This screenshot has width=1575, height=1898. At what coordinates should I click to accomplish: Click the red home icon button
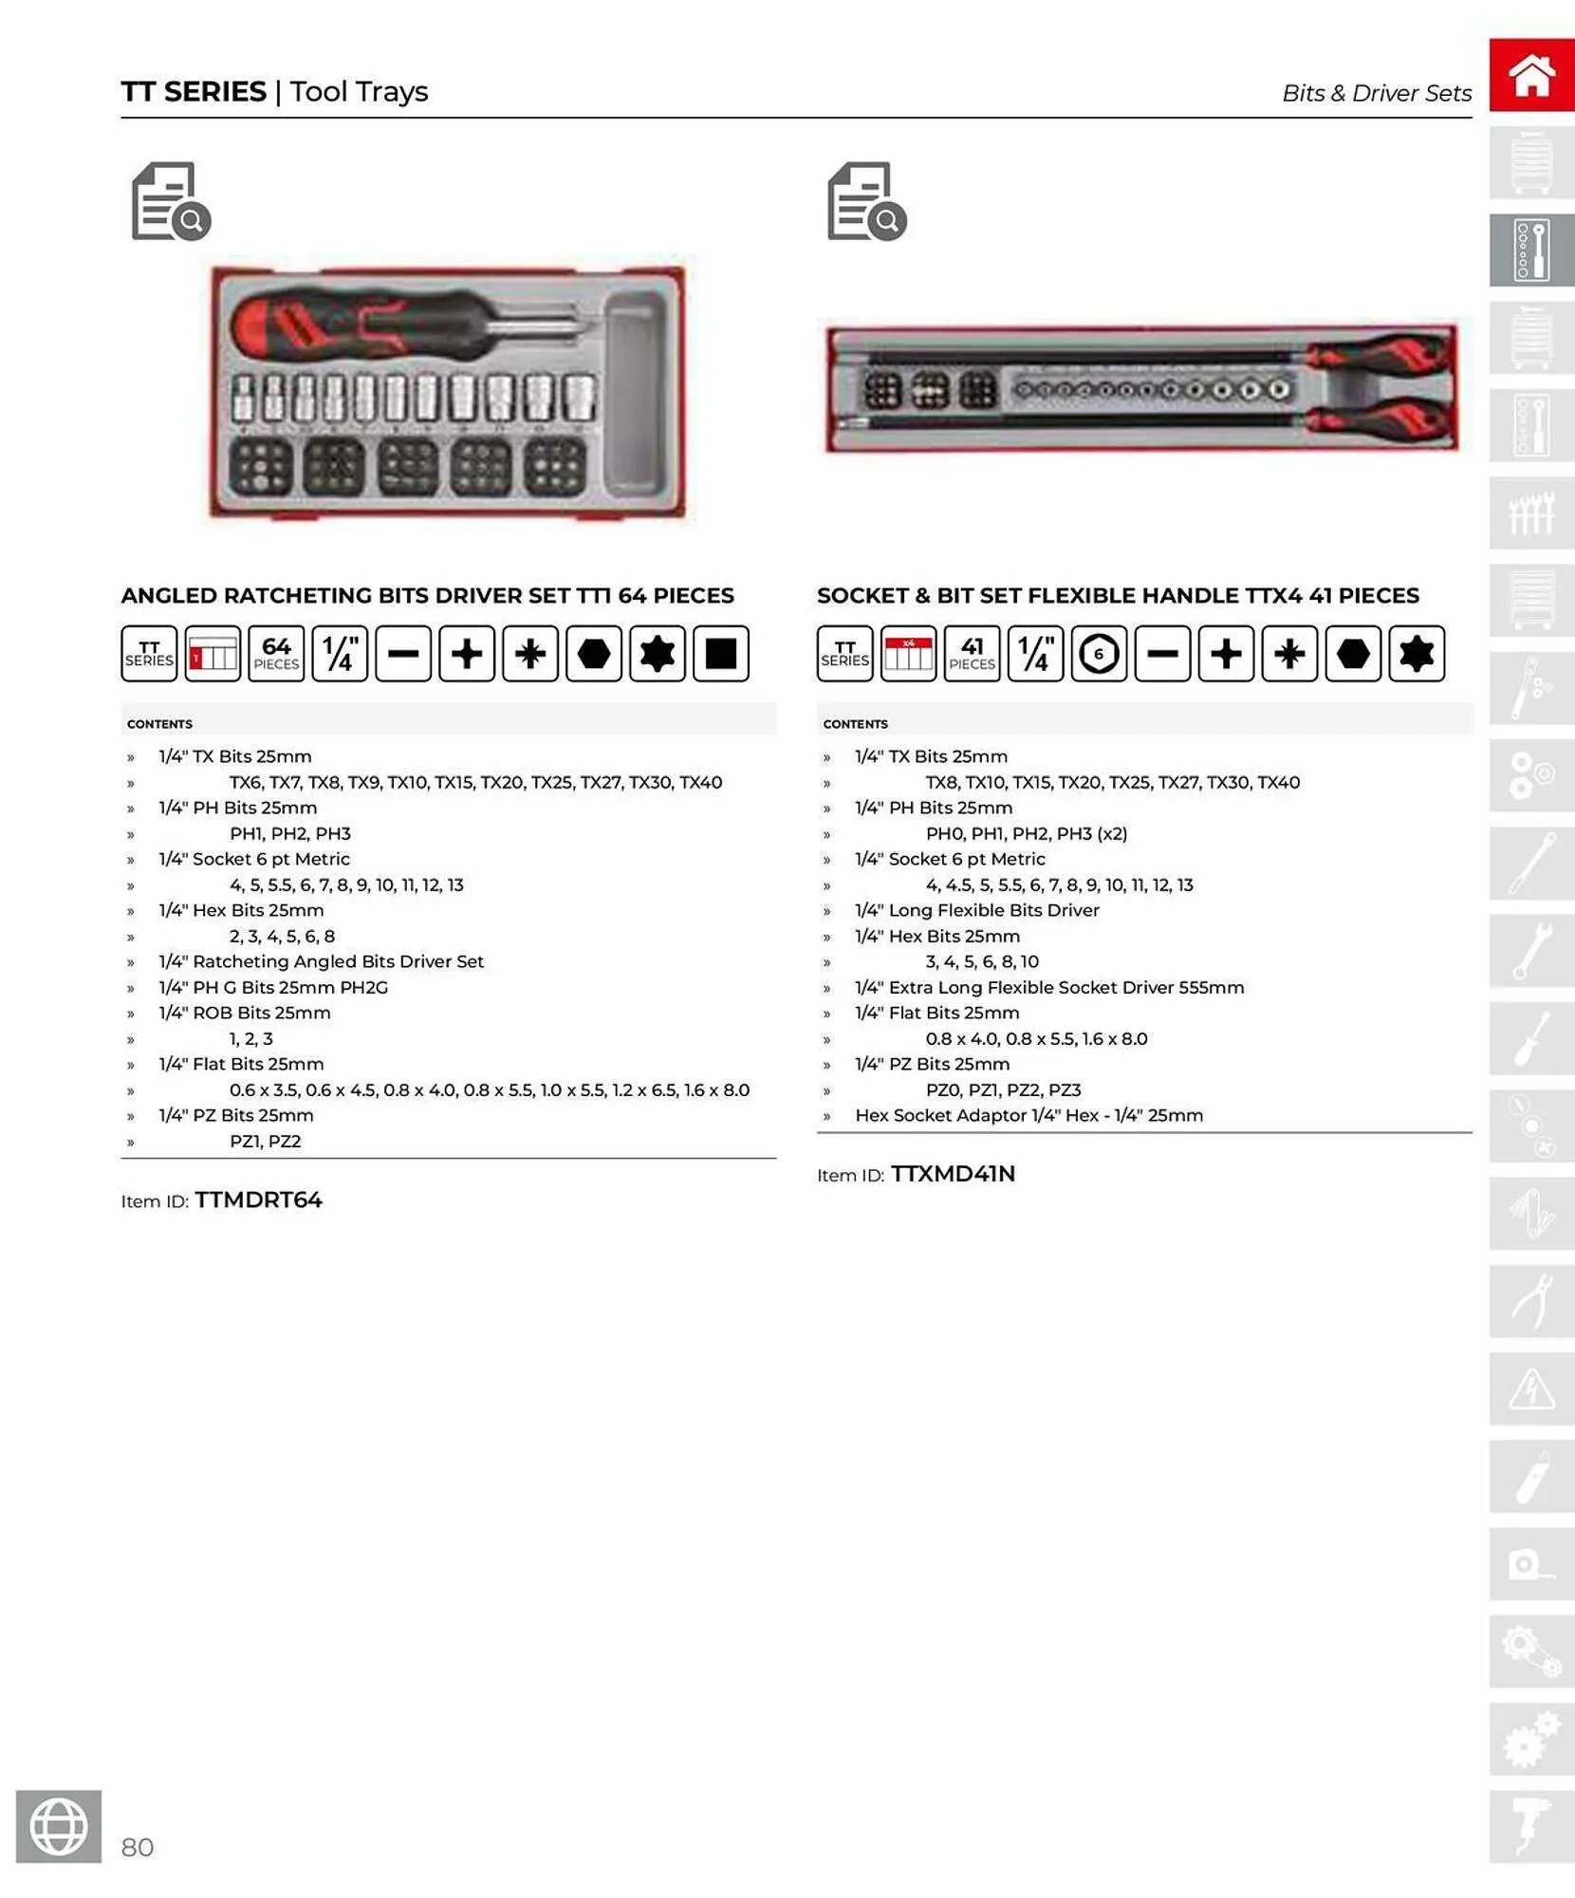(1530, 75)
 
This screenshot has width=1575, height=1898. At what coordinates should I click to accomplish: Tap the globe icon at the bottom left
(58, 1826)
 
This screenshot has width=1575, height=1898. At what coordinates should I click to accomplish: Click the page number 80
(138, 1847)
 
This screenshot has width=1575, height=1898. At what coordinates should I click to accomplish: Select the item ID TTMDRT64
(258, 1200)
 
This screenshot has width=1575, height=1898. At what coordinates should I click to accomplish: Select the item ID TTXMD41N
(953, 1174)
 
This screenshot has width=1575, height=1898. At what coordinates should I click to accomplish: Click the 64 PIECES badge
(276, 654)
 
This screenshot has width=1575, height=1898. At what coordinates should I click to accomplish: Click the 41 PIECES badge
(972, 654)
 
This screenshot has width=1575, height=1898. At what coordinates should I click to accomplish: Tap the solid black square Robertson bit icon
(720, 654)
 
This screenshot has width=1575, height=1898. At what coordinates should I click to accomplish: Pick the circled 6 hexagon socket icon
(1099, 654)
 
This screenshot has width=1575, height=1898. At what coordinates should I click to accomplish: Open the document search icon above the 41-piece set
(866, 201)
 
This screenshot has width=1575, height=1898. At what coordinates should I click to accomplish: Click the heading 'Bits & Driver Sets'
(1376, 93)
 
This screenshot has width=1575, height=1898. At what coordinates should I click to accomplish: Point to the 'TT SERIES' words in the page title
(194, 92)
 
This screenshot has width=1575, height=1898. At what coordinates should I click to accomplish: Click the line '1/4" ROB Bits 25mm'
(245, 1013)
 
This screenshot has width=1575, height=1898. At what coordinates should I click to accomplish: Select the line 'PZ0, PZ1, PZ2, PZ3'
(1003, 1089)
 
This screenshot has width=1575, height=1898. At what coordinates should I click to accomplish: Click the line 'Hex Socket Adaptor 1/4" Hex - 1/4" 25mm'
(1028, 1115)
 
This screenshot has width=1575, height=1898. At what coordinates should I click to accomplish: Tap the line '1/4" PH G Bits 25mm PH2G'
(273, 987)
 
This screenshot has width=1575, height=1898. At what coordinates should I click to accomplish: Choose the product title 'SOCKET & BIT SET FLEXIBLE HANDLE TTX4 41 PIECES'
(1118, 595)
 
